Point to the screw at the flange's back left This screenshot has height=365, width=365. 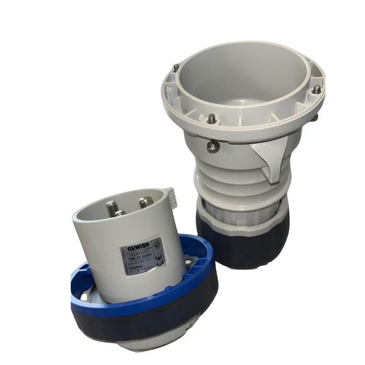(x=176, y=68)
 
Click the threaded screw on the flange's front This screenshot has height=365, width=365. (x=211, y=119)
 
